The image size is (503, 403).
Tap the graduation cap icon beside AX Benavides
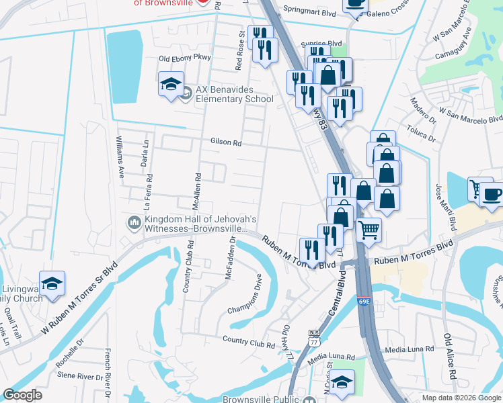(171, 85)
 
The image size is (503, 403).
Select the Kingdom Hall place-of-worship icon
(134, 222)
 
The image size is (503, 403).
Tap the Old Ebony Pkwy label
(184, 58)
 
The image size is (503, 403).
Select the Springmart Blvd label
(309, 11)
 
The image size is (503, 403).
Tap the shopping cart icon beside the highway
(369, 230)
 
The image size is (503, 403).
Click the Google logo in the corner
(22, 395)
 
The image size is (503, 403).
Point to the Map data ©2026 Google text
(461, 398)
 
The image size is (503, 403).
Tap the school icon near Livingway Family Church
(52, 284)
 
